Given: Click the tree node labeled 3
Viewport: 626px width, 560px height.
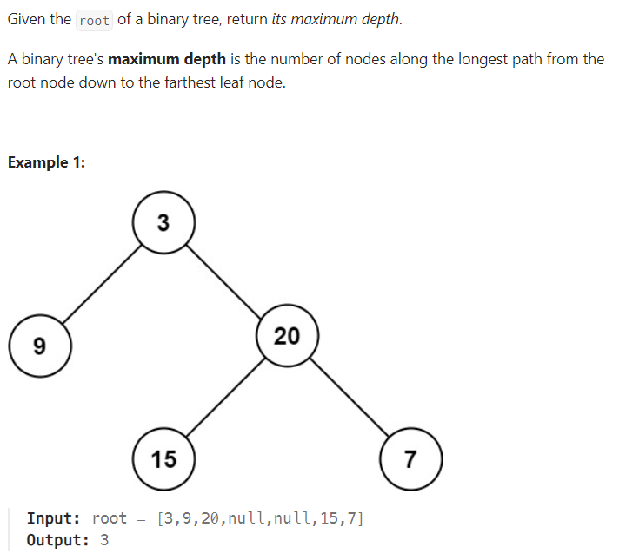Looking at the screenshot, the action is [163, 223].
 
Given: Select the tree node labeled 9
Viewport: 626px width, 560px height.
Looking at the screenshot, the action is [39, 346].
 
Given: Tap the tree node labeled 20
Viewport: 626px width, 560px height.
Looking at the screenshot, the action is [288, 335].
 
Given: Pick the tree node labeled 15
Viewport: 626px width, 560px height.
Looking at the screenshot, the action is [163, 458].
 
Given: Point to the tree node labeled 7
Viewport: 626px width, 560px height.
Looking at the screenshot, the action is [411, 458].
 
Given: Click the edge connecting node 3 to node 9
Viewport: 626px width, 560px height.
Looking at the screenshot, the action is [100, 286].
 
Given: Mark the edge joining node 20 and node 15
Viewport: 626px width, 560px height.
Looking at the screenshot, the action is [225, 398].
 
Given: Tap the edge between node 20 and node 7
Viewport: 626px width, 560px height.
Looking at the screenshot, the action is [350, 397].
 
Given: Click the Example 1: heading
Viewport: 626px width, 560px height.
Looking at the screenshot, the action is [46, 162].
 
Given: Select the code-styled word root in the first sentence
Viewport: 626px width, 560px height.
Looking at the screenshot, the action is [94, 20].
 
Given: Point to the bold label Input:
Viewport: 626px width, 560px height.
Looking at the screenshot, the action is [54, 518].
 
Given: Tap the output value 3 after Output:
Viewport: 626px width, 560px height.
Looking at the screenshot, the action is [104, 539].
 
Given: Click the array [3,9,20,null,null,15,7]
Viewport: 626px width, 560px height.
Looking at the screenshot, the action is [260, 518].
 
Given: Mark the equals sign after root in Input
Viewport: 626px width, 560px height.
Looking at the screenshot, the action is [142, 518].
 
